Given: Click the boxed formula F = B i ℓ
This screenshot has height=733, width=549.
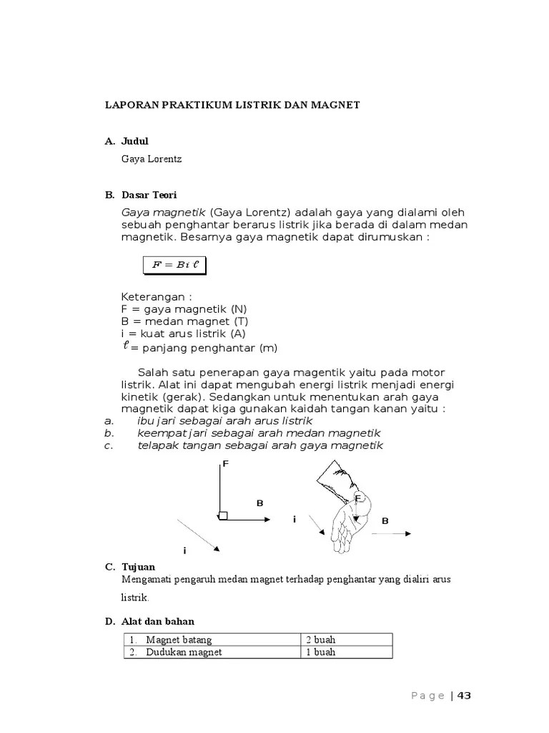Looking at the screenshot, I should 174,264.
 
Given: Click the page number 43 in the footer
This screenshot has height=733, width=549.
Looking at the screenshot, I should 464,696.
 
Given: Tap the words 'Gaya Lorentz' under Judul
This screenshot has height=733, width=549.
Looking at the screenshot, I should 152,159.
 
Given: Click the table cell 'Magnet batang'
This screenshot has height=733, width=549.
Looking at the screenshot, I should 179,640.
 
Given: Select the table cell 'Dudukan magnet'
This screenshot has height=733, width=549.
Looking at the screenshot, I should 184,652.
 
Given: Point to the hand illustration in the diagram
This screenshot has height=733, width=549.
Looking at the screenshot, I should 347,512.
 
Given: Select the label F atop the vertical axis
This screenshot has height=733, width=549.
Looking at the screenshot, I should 224,465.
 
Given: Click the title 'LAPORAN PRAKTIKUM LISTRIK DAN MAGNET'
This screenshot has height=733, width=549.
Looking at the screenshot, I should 232,105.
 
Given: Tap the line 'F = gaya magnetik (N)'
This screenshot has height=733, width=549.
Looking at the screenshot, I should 183,309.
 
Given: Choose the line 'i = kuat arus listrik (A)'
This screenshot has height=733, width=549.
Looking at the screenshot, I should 184,334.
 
